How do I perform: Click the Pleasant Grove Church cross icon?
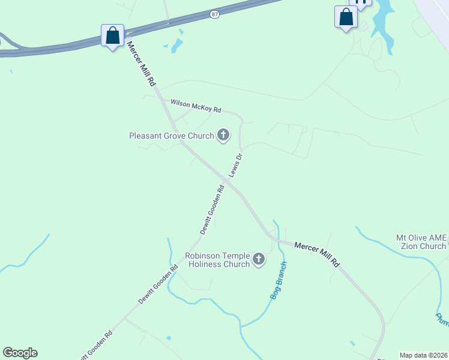click(223, 135)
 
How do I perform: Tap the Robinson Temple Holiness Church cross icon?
click(259, 259)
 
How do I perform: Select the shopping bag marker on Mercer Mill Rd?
click(113, 36)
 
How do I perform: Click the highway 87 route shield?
click(214, 13)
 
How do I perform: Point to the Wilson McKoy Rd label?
click(196, 106)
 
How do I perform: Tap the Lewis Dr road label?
click(235, 166)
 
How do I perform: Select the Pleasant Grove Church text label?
click(172, 136)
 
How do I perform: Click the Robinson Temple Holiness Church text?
click(217, 260)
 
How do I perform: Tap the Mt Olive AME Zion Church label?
click(421, 242)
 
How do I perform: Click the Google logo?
click(20, 353)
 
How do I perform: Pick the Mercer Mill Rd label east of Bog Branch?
click(317, 254)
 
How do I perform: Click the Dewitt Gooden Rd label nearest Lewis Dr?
click(212, 209)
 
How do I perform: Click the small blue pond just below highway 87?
click(176, 45)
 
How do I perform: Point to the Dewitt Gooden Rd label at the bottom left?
click(95, 345)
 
